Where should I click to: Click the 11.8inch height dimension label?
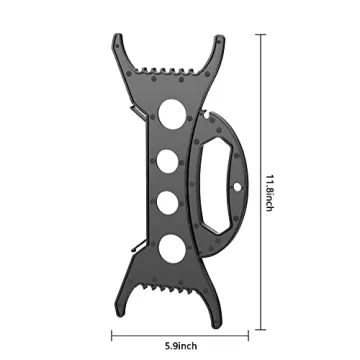pyautogui.click(x=269, y=193)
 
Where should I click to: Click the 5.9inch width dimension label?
pyautogui.click(x=181, y=346)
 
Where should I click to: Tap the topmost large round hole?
pyautogui.click(x=172, y=114)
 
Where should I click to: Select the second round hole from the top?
pyautogui.click(x=167, y=161)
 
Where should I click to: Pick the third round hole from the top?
pyautogui.click(x=167, y=203)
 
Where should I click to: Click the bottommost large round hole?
pyautogui.click(x=171, y=249)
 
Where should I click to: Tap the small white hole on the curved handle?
pyautogui.click(x=237, y=187)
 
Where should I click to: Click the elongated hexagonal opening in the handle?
pyautogui.click(x=216, y=185)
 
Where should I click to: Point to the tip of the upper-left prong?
pyautogui.click(x=117, y=35)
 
